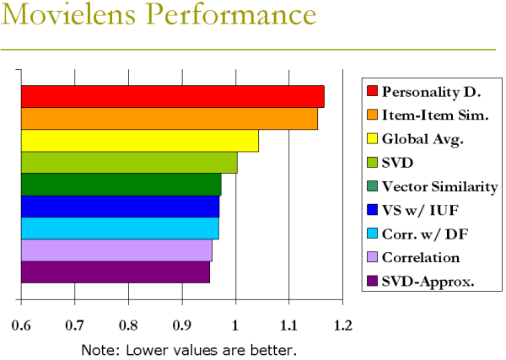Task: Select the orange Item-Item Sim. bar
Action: [x=169, y=119]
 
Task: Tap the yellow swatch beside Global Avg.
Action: [x=371, y=138]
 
